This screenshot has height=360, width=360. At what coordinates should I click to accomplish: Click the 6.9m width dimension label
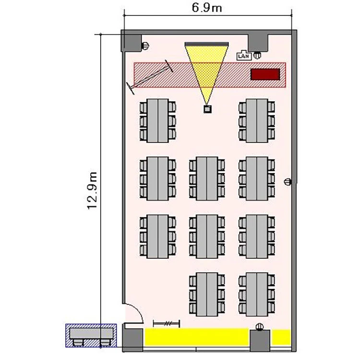pos(207,8)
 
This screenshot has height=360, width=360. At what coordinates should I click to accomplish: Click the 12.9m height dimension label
pos(92,191)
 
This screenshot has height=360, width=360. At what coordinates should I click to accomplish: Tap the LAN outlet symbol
pos(244,56)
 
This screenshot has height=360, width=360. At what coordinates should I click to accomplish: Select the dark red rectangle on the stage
pos(265,74)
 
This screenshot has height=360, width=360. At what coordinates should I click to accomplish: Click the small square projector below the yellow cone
pos(207,109)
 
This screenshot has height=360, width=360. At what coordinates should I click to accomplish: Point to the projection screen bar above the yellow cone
pos(206,44)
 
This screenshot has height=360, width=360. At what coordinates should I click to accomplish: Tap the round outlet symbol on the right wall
pos(288,182)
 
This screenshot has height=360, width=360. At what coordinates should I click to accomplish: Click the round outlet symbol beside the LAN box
pos(257,55)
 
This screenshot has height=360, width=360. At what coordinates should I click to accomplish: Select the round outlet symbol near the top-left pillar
pos(145,46)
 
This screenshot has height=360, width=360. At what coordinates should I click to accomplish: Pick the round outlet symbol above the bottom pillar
pos(260,326)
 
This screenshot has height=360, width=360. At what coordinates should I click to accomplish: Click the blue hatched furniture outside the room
pos(91,335)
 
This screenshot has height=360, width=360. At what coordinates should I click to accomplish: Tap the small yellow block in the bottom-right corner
pos(281,337)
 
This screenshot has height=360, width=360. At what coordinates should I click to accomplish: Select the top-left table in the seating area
pos(158,121)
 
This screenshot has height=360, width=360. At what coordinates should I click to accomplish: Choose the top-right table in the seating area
pos(257,121)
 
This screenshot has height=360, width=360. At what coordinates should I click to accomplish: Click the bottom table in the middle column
pos(207,294)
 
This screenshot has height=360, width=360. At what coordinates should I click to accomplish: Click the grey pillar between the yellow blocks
pos(260,341)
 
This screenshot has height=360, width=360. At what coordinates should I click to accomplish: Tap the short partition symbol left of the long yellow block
pos(167,324)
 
